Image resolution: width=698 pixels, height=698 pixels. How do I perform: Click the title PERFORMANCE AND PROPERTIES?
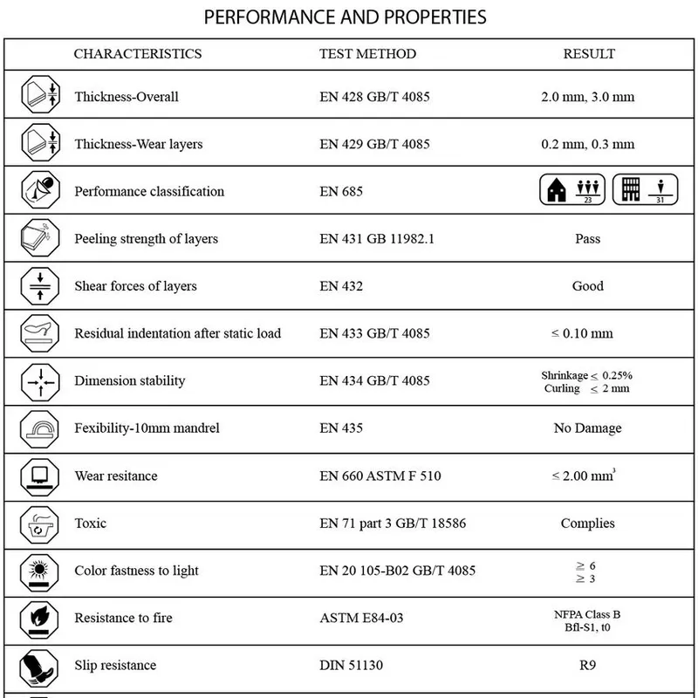(x=345, y=17)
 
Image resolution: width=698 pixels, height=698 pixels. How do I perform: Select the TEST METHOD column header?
(x=367, y=54)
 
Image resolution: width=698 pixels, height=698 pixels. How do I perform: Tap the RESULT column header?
(x=589, y=54)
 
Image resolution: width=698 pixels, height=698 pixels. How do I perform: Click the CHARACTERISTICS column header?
(x=138, y=54)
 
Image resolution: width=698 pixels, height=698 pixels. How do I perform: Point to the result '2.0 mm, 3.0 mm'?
(x=588, y=97)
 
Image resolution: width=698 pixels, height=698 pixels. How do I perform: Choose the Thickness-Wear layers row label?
(x=139, y=144)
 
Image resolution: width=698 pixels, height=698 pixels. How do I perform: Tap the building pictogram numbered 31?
(x=644, y=190)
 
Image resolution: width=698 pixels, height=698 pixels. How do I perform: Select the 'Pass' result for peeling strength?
(x=588, y=239)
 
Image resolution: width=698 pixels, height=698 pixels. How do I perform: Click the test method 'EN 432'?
(x=341, y=286)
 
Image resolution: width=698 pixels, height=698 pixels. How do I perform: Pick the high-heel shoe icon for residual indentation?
(x=39, y=333)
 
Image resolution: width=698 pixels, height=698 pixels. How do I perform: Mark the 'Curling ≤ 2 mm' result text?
(x=586, y=388)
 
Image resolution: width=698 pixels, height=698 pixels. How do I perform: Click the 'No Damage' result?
(x=588, y=428)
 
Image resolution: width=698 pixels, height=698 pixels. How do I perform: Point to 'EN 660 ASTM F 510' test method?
(x=380, y=476)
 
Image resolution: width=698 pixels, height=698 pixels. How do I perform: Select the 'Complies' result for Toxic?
(x=588, y=523)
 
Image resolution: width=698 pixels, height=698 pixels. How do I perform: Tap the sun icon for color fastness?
(x=39, y=571)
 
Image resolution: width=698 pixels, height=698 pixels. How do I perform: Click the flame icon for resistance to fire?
(x=39, y=619)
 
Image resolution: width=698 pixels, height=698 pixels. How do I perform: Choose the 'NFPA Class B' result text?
(x=587, y=614)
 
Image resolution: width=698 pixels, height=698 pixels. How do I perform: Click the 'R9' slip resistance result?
(x=588, y=666)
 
